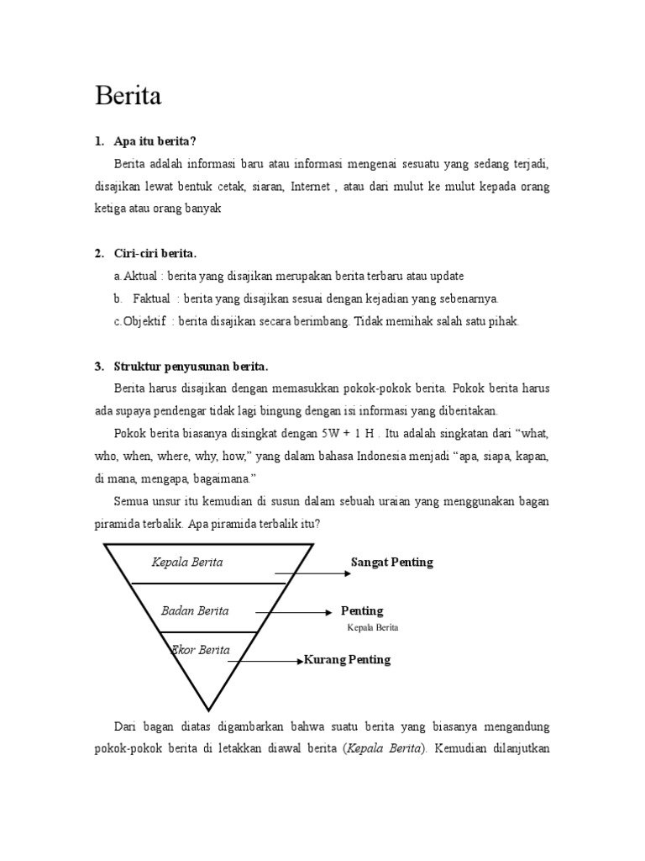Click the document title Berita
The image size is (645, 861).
click(x=128, y=97)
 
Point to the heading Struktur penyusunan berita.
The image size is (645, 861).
click(x=191, y=366)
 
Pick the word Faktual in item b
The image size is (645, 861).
click(x=152, y=298)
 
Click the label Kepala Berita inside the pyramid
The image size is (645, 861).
click(x=187, y=562)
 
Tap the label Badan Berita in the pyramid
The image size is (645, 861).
click(x=195, y=610)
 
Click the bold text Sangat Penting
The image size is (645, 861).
click(x=391, y=563)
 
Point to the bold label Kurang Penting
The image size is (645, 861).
click(x=347, y=660)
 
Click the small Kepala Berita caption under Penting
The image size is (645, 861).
click(x=372, y=628)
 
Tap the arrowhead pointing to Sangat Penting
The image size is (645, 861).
click(x=346, y=573)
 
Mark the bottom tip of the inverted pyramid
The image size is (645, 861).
click(x=208, y=710)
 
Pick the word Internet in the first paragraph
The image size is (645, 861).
click(x=311, y=186)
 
